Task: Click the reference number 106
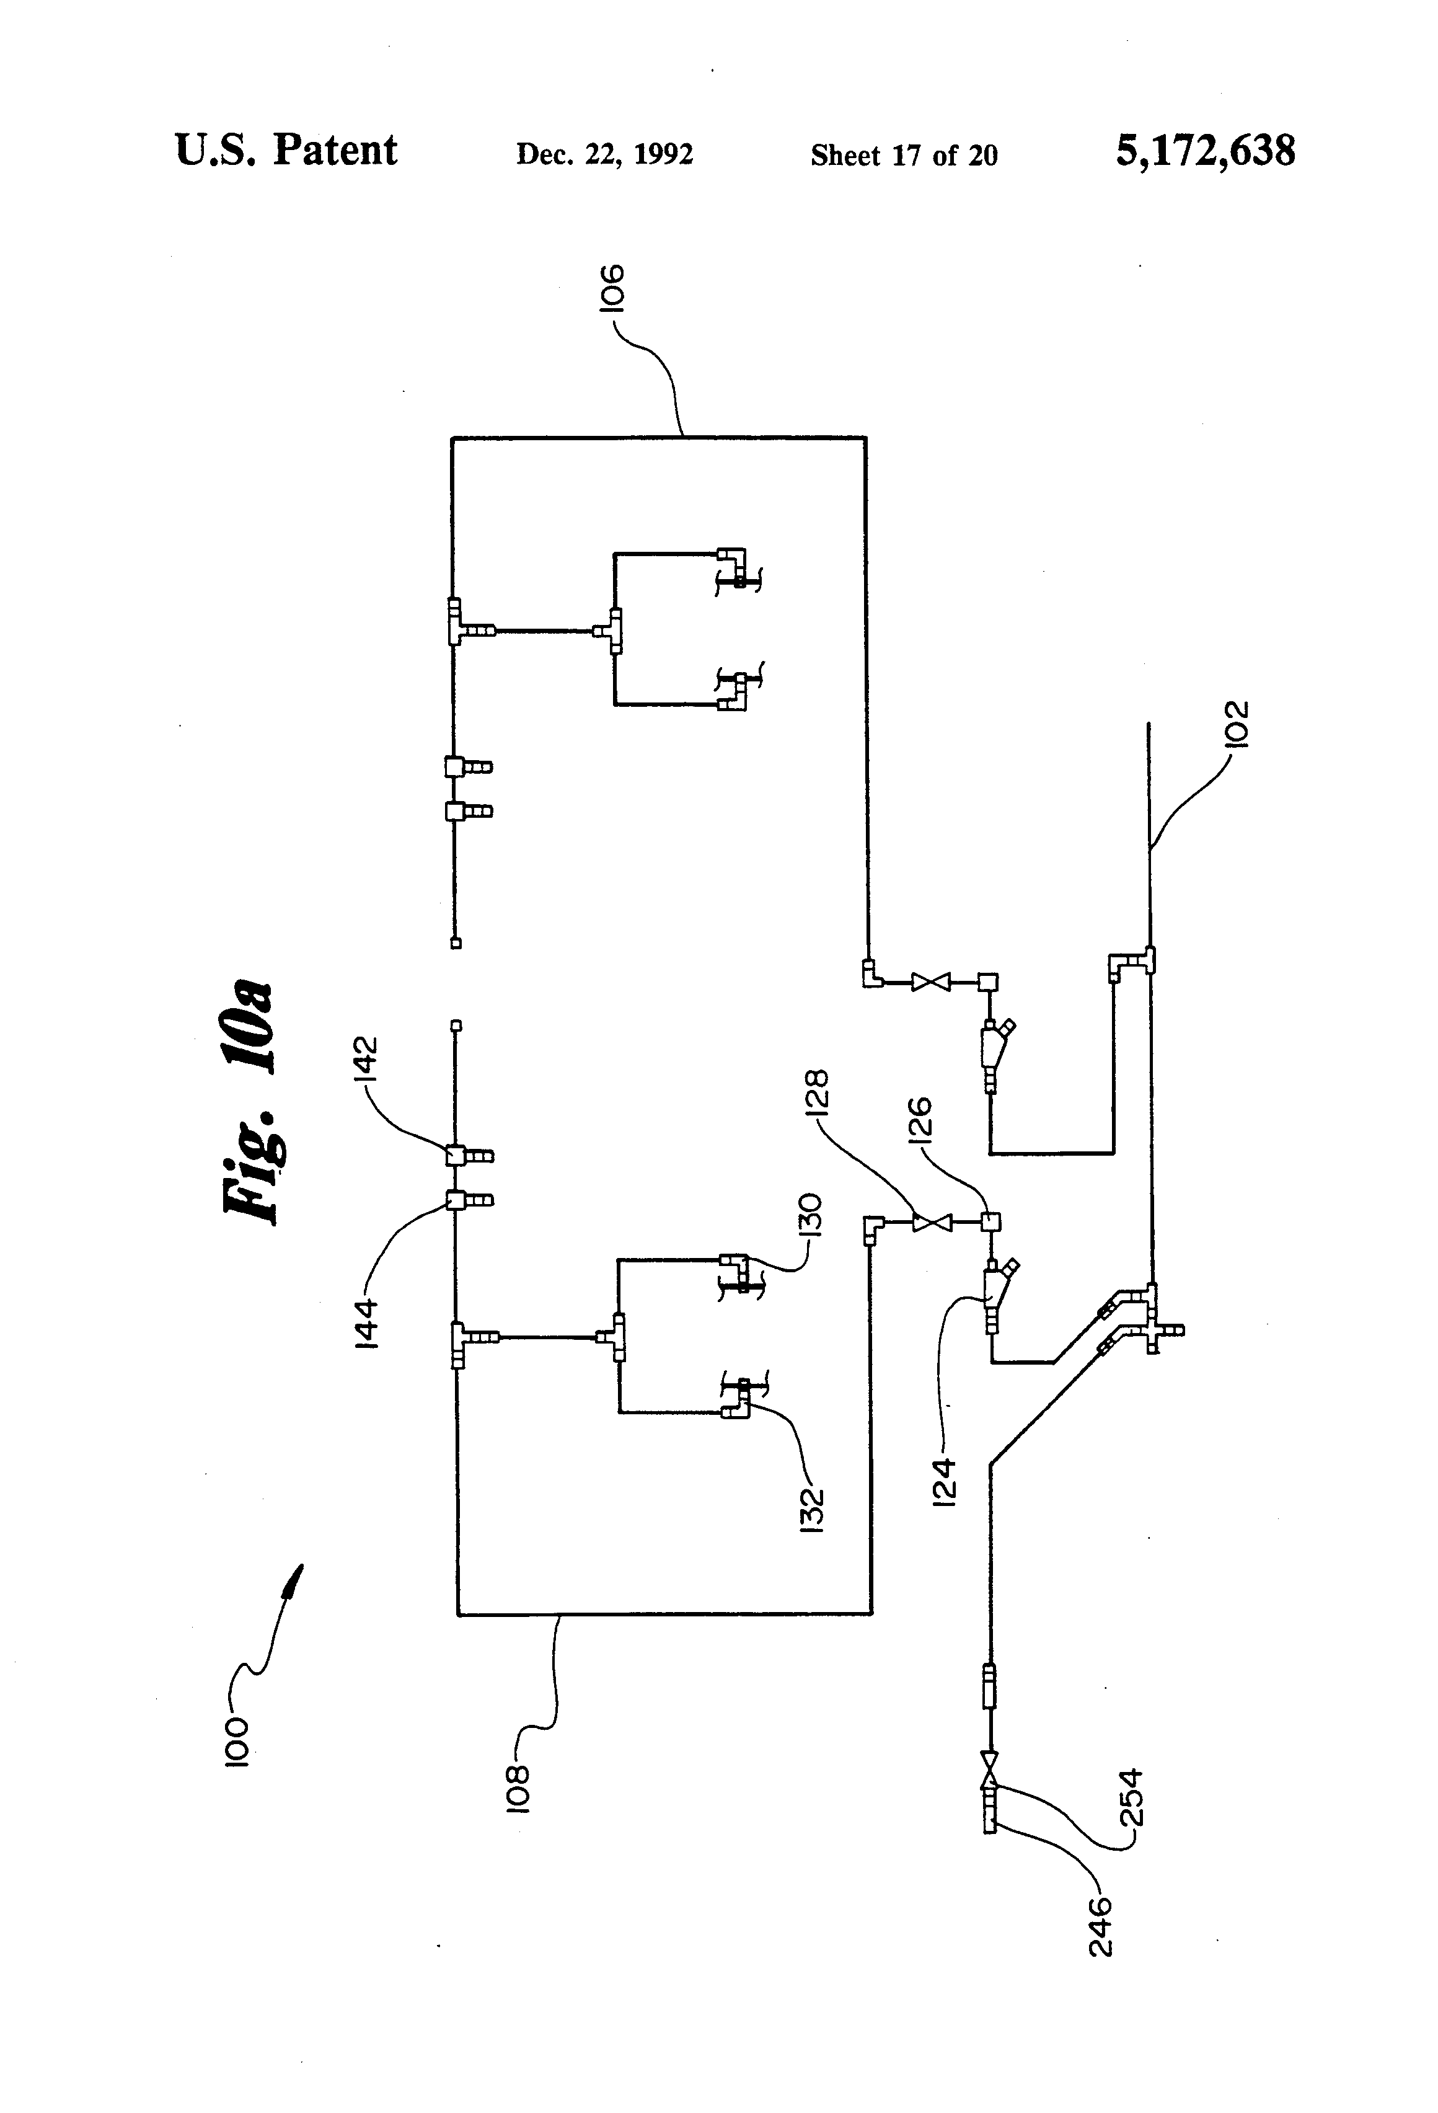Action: [612, 288]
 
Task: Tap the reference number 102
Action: [1237, 724]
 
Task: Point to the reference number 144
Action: [366, 1324]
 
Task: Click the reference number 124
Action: [945, 1483]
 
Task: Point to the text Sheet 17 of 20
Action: [904, 156]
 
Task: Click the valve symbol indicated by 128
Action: [932, 1223]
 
